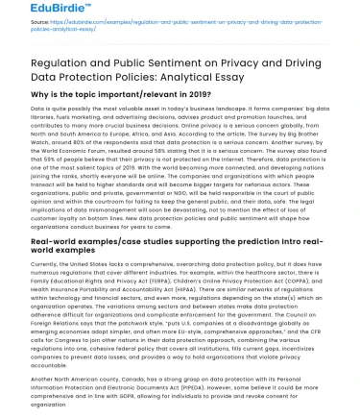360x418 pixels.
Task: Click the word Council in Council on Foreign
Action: pyautogui.click(x=316, y=324)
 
